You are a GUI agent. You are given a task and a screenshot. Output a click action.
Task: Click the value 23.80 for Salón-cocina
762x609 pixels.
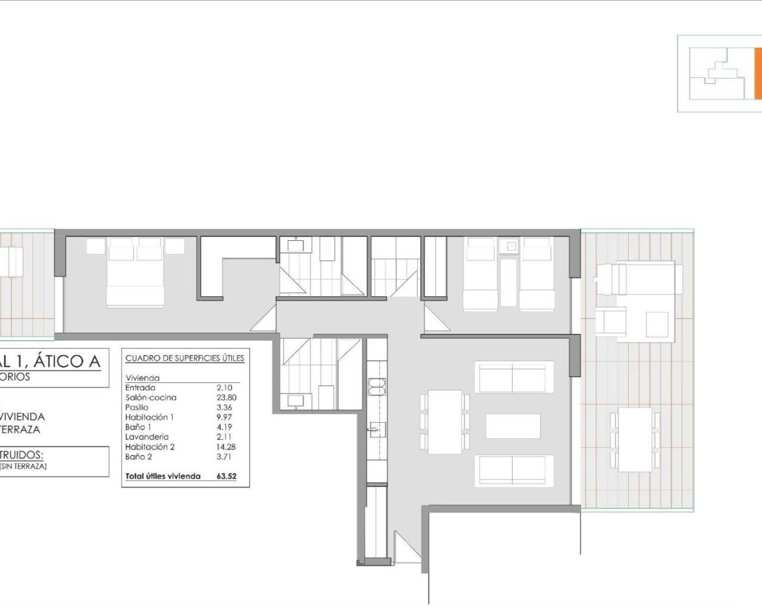click(x=226, y=397)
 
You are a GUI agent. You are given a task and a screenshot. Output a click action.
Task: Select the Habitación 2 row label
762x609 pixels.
click(x=150, y=447)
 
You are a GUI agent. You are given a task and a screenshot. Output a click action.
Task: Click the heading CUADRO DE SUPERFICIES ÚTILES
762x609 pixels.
click(x=185, y=359)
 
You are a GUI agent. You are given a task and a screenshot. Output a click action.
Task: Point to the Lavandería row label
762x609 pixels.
click(x=147, y=437)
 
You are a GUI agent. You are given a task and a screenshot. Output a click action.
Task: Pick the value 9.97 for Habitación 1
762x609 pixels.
click(x=224, y=417)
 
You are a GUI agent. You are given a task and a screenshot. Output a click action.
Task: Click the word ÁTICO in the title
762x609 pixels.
click(x=65, y=361)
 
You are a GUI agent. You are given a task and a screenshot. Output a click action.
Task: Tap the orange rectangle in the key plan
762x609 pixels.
click(x=758, y=74)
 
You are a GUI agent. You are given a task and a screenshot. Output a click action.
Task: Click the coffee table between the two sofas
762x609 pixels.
click(x=513, y=426)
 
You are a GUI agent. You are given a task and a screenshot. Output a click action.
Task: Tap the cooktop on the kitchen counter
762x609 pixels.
click(x=377, y=386)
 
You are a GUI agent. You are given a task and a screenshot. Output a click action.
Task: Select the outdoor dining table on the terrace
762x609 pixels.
click(x=635, y=439)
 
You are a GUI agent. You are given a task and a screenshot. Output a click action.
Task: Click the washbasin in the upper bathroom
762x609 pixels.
click(x=295, y=244)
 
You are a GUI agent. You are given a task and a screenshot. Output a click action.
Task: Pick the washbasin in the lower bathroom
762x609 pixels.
click(x=295, y=400)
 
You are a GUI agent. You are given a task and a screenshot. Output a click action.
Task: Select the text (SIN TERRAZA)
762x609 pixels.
click(x=24, y=466)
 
